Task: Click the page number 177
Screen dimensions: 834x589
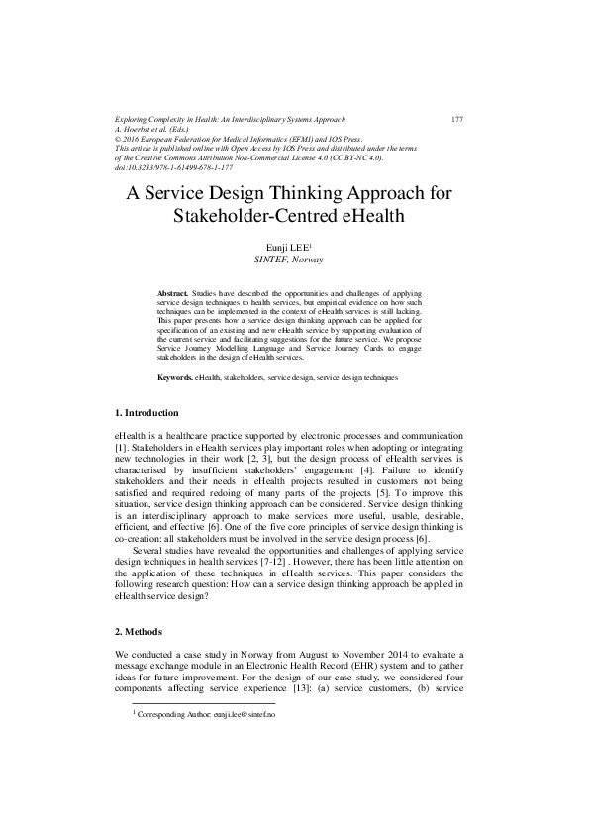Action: (457, 119)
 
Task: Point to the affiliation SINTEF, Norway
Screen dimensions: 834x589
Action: (295, 260)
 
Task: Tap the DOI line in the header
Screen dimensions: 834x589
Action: (166, 167)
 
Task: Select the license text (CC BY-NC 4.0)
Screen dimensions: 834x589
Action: (362, 158)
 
